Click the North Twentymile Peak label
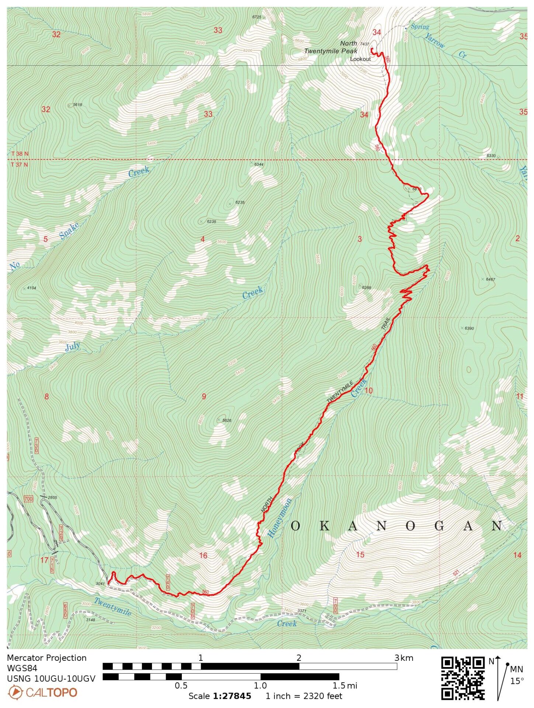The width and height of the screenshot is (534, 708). pyautogui.click(x=331, y=48)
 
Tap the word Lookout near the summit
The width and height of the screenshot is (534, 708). pyautogui.click(x=360, y=59)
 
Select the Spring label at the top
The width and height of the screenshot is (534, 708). pyautogui.click(x=420, y=27)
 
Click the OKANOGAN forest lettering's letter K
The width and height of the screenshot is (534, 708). pyautogui.click(x=324, y=526)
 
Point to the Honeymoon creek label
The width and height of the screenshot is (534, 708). pyautogui.click(x=279, y=517)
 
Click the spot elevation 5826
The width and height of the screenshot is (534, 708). pyautogui.click(x=227, y=420)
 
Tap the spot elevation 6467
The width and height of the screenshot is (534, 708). pyautogui.click(x=490, y=280)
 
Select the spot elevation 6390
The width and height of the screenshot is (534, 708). pyautogui.click(x=469, y=328)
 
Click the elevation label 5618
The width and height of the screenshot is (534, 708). pyautogui.click(x=77, y=105)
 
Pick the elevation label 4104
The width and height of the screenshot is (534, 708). pyautogui.click(x=31, y=288)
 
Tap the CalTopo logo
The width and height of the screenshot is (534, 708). pyautogui.click(x=42, y=693)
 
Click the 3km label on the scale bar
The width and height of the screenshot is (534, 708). pyautogui.click(x=403, y=658)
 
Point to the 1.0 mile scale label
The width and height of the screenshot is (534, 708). pyautogui.click(x=260, y=686)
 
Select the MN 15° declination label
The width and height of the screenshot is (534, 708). pyautogui.click(x=516, y=675)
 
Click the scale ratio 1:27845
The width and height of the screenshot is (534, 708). pyautogui.click(x=232, y=696)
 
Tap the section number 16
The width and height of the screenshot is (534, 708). pyautogui.click(x=203, y=555)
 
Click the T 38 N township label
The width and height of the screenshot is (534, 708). pyautogui.click(x=20, y=154)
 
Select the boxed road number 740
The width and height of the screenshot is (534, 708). pyautogui.click(x=168, y=583)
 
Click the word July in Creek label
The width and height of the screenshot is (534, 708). pyautogui.click(x=73, y=347)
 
